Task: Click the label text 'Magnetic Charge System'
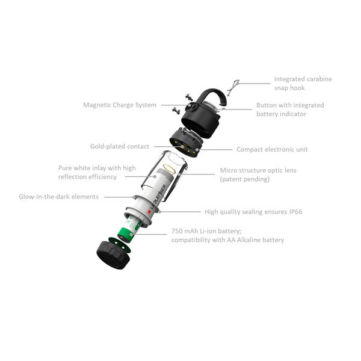[120, 105]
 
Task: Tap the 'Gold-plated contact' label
[120, 146]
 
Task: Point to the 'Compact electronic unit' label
[272, 149]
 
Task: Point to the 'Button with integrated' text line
[290, 105]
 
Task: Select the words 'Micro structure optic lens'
[258, 170]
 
